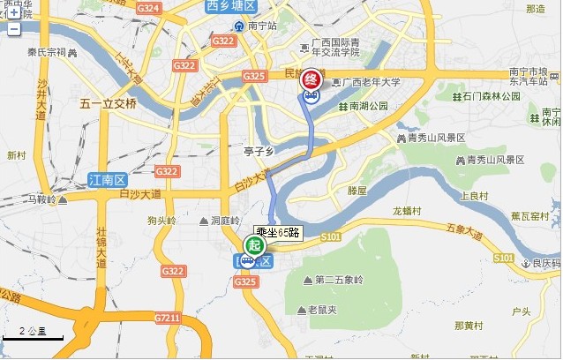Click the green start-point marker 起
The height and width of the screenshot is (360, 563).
coord(254,245)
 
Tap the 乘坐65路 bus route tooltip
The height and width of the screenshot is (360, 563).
coord(279,233)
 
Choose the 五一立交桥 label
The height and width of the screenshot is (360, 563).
coord(109,103)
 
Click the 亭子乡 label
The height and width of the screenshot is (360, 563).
coord(261,151)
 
